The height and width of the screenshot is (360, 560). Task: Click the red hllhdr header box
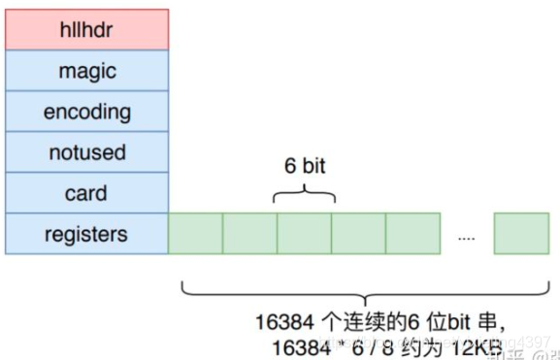click(86, 30)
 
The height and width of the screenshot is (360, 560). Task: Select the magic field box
click(86, 71)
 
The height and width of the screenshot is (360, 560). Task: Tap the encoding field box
click(86, 112)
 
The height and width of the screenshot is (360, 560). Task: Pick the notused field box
click(86, 152)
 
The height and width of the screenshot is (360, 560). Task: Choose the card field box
click(86, 193)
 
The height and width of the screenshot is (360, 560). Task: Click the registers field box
click(86, 234)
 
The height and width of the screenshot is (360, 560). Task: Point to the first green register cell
click(195, 234)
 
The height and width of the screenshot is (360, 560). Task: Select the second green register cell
click(249, 234)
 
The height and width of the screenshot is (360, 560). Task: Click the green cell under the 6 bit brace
click(304, 234)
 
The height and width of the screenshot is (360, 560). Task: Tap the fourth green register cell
click(358, 234)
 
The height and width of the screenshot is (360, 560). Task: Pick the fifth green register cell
click(412, 234)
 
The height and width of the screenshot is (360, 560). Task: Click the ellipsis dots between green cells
click(467, 236)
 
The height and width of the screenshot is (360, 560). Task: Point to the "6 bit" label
click(304, 166)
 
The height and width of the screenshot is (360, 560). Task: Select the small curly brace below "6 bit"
click(304, 196)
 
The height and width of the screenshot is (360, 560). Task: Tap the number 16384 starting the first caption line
click(281, 320)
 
